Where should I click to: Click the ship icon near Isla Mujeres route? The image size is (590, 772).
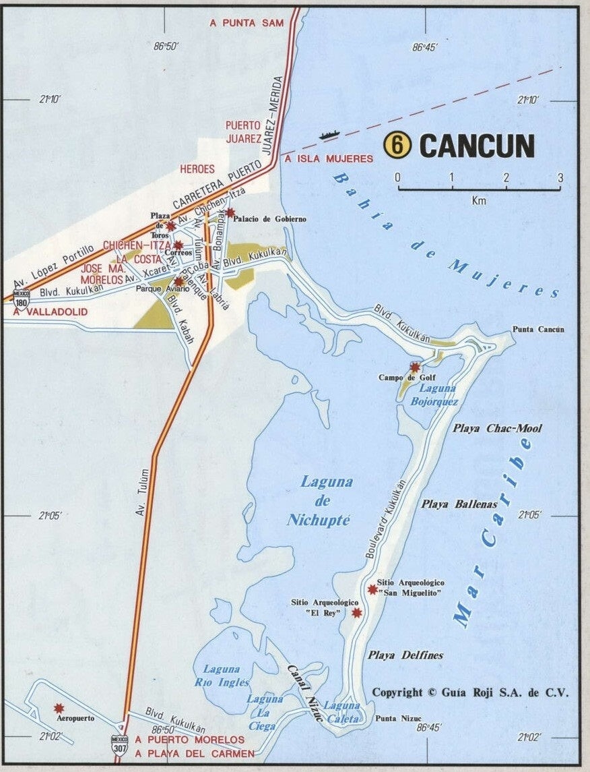(x=328, y=136)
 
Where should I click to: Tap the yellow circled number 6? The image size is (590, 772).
(x=397, y=145)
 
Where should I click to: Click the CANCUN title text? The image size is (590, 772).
(x=477, y=146)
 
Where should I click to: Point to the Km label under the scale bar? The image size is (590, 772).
(x=479, y=200)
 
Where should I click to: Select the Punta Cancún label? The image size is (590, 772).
(x=538, y=329)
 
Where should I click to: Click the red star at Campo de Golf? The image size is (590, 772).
(x=415, y=367)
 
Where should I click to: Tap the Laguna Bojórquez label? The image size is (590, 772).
(x=438, y=395)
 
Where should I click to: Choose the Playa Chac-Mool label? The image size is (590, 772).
(x=497, y=428)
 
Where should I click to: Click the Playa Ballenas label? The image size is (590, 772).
(x=459, y=504)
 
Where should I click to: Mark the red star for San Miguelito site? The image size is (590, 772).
(x=372, y=589)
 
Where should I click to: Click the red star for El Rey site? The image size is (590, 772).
(x=357, y=612)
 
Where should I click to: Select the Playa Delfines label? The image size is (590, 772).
(x=405, y=655)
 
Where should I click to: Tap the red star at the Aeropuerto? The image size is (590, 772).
(x=59, y=708)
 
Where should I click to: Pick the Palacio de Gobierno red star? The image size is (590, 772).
(x=230, y=213)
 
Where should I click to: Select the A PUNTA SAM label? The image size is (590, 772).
(x=247, y=22)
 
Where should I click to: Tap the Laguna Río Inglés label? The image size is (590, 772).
(x=222, y=676)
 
